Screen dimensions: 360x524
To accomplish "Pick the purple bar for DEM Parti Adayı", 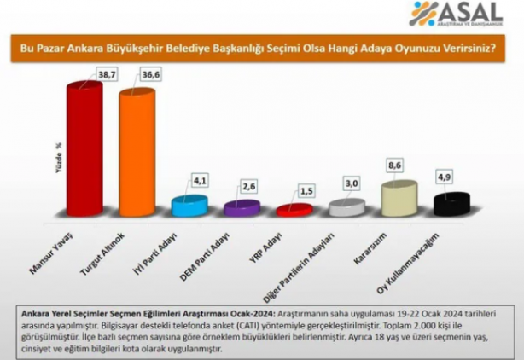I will pos(236,209).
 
